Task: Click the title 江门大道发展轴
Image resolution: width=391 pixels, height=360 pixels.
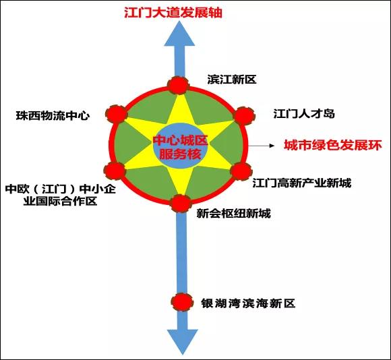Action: click(173, 13)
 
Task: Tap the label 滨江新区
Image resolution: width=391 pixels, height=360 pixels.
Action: click(232, 80)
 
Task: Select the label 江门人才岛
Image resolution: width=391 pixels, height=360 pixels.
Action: click(304, 114)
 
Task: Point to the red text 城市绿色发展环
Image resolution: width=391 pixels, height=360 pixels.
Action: click(333, 145)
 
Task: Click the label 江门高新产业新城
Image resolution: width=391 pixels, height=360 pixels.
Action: click(302, 183)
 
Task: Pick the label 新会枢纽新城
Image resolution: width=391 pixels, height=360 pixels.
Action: click(233, 214)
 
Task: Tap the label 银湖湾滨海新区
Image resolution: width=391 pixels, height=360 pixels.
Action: click(248, 303)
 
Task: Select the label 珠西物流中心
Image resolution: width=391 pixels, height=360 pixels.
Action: click(53, 115)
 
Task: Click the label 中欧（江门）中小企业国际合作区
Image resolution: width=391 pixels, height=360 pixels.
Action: click(61, 195)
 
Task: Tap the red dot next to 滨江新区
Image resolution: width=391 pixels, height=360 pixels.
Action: click(178, 86)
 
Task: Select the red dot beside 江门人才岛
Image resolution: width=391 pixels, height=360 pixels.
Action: click(244, 116)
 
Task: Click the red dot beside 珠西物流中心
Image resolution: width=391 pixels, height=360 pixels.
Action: click(117, 114)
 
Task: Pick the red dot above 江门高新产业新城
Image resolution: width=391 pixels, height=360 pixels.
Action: click(241, 171)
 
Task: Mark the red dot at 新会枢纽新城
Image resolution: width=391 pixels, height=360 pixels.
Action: click(181, 204)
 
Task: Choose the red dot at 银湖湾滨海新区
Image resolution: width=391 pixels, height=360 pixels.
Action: click(182, 302)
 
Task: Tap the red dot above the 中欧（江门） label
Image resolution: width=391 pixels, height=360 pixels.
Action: click(115, 171)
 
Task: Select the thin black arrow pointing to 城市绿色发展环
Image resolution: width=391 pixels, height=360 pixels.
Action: click(261, 146)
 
